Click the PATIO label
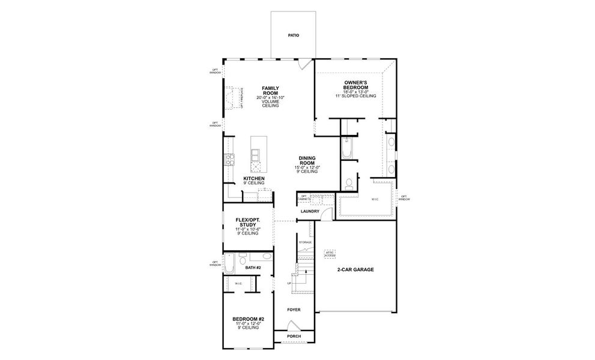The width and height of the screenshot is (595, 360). click(x=293, y=35)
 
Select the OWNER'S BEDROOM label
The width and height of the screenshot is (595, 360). click(x=355, y=85)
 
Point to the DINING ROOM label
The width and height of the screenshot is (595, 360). click(x=307, y=160)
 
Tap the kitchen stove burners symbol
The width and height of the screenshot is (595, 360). click(x=229, y=160)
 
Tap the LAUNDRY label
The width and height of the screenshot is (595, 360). click(x=310, y=211)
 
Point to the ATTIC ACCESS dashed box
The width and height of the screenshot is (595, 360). click(x=329, y=253)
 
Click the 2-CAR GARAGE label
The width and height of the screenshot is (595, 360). click(x=357, y=270)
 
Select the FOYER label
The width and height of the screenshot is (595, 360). click(x=293, y=310)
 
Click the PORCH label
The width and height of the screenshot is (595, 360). click(x=294, y=337)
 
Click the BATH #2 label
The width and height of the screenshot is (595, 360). click(x=253, y=268)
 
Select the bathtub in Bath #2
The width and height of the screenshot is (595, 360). click(x=230, y=263)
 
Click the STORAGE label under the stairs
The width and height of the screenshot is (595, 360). click(x=305, y=242)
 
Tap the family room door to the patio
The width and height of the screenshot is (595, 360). click(x=306, y=63)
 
